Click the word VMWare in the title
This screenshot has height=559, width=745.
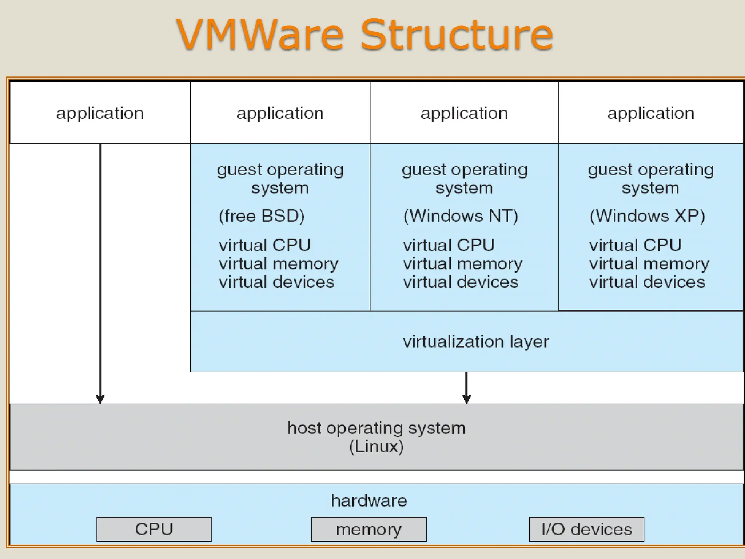pyautogui.click(x=260, y=35)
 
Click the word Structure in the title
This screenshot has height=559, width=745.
pyautogui.click(x=457, y=35)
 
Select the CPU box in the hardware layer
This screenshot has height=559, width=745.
pyautogui.click(x=154, y=529)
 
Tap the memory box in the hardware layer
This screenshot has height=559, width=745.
pyautogui.click(x=368, y=529)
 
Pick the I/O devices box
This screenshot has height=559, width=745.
pyautogui.click(x=586, y=529)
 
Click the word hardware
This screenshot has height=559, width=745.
pyautogui.click(x=368, y=501)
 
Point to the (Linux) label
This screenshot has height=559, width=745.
pyautogui.click(x=376, y=447)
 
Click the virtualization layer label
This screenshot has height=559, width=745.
pyautogui.click(x=475, y=341)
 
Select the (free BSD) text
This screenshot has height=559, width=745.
pyautogui.click(x=261, y=216)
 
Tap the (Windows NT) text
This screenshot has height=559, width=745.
pyautogui.click(x=460, y=216)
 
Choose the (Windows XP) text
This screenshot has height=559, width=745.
pyautogui.click(x=647, y=216)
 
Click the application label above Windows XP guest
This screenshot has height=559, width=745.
pyautogui.click(x=650, y=113)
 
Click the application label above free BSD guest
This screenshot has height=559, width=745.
pyautogui.click(x=280, y=113)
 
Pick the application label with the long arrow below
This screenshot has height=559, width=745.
pyautogui.click(x=100, y=113)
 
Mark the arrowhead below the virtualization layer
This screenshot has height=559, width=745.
pyautogui.click(x=466, y=399)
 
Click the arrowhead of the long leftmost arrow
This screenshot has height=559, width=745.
pyautogui.click(x=100, y=399)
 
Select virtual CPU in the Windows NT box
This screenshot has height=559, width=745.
pyautogui.click(x=449, y=245)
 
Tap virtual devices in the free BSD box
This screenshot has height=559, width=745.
pyautogui.click(x=276, y=282)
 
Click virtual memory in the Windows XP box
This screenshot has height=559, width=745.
pyautogui.click(x=649, y=263)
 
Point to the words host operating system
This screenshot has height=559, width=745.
pyautogui.click(x=376, y=428)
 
